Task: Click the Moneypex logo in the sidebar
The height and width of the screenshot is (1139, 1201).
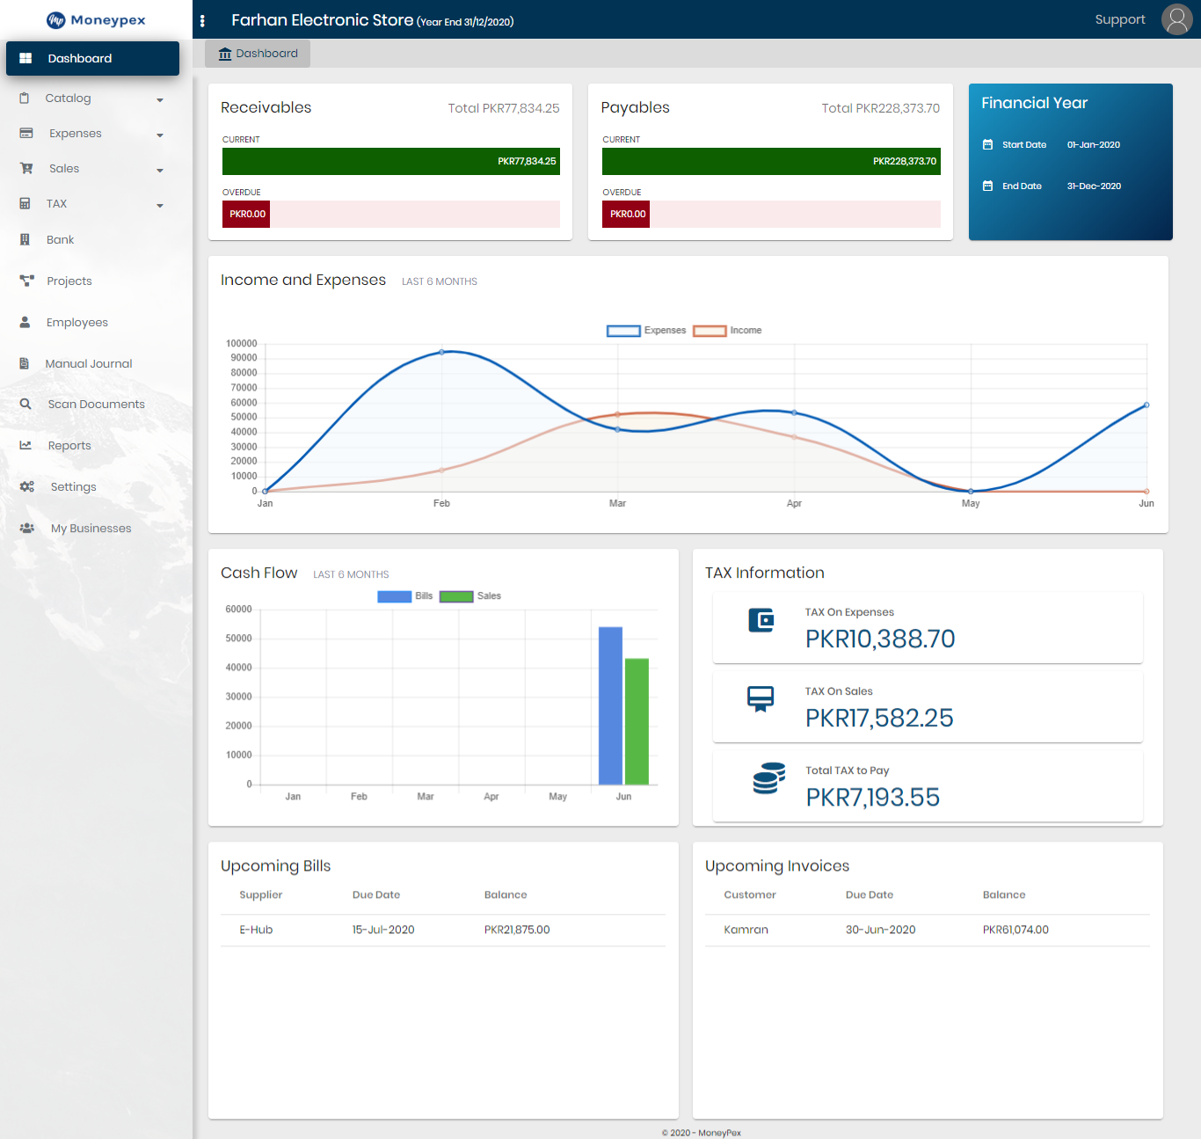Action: [x=96, y=19]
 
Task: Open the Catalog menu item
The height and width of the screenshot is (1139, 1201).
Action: [x=69, y=99]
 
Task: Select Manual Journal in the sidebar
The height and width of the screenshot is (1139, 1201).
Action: [x=88, y=363]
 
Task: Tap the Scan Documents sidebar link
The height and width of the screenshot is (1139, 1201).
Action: [x=96, y=405]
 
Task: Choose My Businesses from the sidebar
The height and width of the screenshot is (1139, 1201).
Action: [x=91, y=529]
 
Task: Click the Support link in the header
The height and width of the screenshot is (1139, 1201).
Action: [x=1119, y=19]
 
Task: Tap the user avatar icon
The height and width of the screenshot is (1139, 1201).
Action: [x=1176, y=19]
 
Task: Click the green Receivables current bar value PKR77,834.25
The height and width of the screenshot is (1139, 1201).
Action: [x=527, y=162]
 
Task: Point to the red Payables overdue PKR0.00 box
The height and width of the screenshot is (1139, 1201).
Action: [x=626, y=215]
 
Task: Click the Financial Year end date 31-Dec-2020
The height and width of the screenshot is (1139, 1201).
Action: [x=1094, y=186]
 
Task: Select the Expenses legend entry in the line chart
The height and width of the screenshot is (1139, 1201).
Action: [x=646, y=331]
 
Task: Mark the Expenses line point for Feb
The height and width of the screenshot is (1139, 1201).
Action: [x=442, y=352]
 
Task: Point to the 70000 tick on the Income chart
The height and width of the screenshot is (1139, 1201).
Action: [x=244, y=388]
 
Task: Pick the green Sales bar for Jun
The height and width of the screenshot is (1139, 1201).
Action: [x=637, y=721]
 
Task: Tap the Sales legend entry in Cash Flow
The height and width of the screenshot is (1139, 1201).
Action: [x=470, y=596]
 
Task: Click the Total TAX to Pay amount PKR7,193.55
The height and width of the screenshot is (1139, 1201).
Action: [x=872, y=797]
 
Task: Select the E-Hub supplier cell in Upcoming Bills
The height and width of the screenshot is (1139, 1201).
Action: [x=256, y=930]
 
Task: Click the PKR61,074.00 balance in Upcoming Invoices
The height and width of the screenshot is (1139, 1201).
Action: [x=1015, y=930]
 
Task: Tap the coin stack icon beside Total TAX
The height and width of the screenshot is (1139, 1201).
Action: [x=768, y=778]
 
